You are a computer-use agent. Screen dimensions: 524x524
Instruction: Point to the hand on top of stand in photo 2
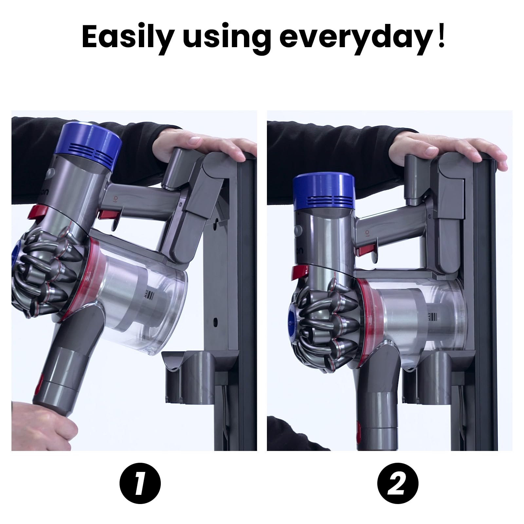pos(442,149)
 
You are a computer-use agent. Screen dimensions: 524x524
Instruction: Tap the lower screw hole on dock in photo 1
pos(215,320)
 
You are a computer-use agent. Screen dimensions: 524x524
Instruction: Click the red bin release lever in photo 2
pos(300,271)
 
